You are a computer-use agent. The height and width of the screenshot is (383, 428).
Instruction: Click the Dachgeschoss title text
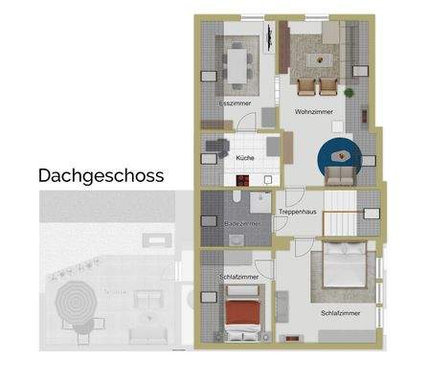point(101,175)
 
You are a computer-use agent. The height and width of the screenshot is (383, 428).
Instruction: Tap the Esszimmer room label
point(235,101)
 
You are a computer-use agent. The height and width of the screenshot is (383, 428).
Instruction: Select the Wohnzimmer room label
point(313,112)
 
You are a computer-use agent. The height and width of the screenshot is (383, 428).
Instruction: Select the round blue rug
point(339,155)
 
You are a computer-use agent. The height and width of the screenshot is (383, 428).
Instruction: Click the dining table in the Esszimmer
point(237,61)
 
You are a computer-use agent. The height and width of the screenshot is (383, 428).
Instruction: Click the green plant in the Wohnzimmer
point(349,92)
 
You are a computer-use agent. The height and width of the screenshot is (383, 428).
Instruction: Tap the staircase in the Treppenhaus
point(343,212)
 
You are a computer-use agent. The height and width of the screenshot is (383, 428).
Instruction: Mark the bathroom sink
point(259,201)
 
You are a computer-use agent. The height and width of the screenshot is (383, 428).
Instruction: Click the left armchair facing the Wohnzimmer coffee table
point(305,87)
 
